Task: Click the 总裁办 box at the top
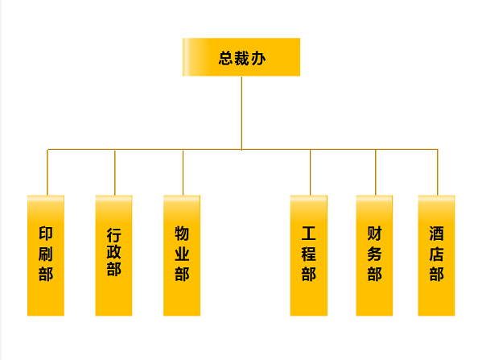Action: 241,57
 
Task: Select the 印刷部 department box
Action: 46,255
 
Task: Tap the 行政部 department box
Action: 113,255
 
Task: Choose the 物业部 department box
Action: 182,255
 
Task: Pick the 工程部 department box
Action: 309,255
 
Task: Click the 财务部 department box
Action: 374,255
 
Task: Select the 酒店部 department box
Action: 436,255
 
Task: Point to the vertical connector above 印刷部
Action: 47,172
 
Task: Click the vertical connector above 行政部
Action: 115,172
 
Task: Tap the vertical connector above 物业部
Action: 183,172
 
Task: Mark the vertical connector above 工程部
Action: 310,172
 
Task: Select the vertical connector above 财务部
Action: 375,172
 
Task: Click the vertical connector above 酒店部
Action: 438,172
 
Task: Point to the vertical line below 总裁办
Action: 241,114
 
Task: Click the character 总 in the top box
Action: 226,58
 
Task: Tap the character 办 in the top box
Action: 258,58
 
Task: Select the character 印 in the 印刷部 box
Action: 46,234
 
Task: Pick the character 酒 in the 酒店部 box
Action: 436,234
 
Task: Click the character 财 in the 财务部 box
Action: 374,234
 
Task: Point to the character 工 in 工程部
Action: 309,234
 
